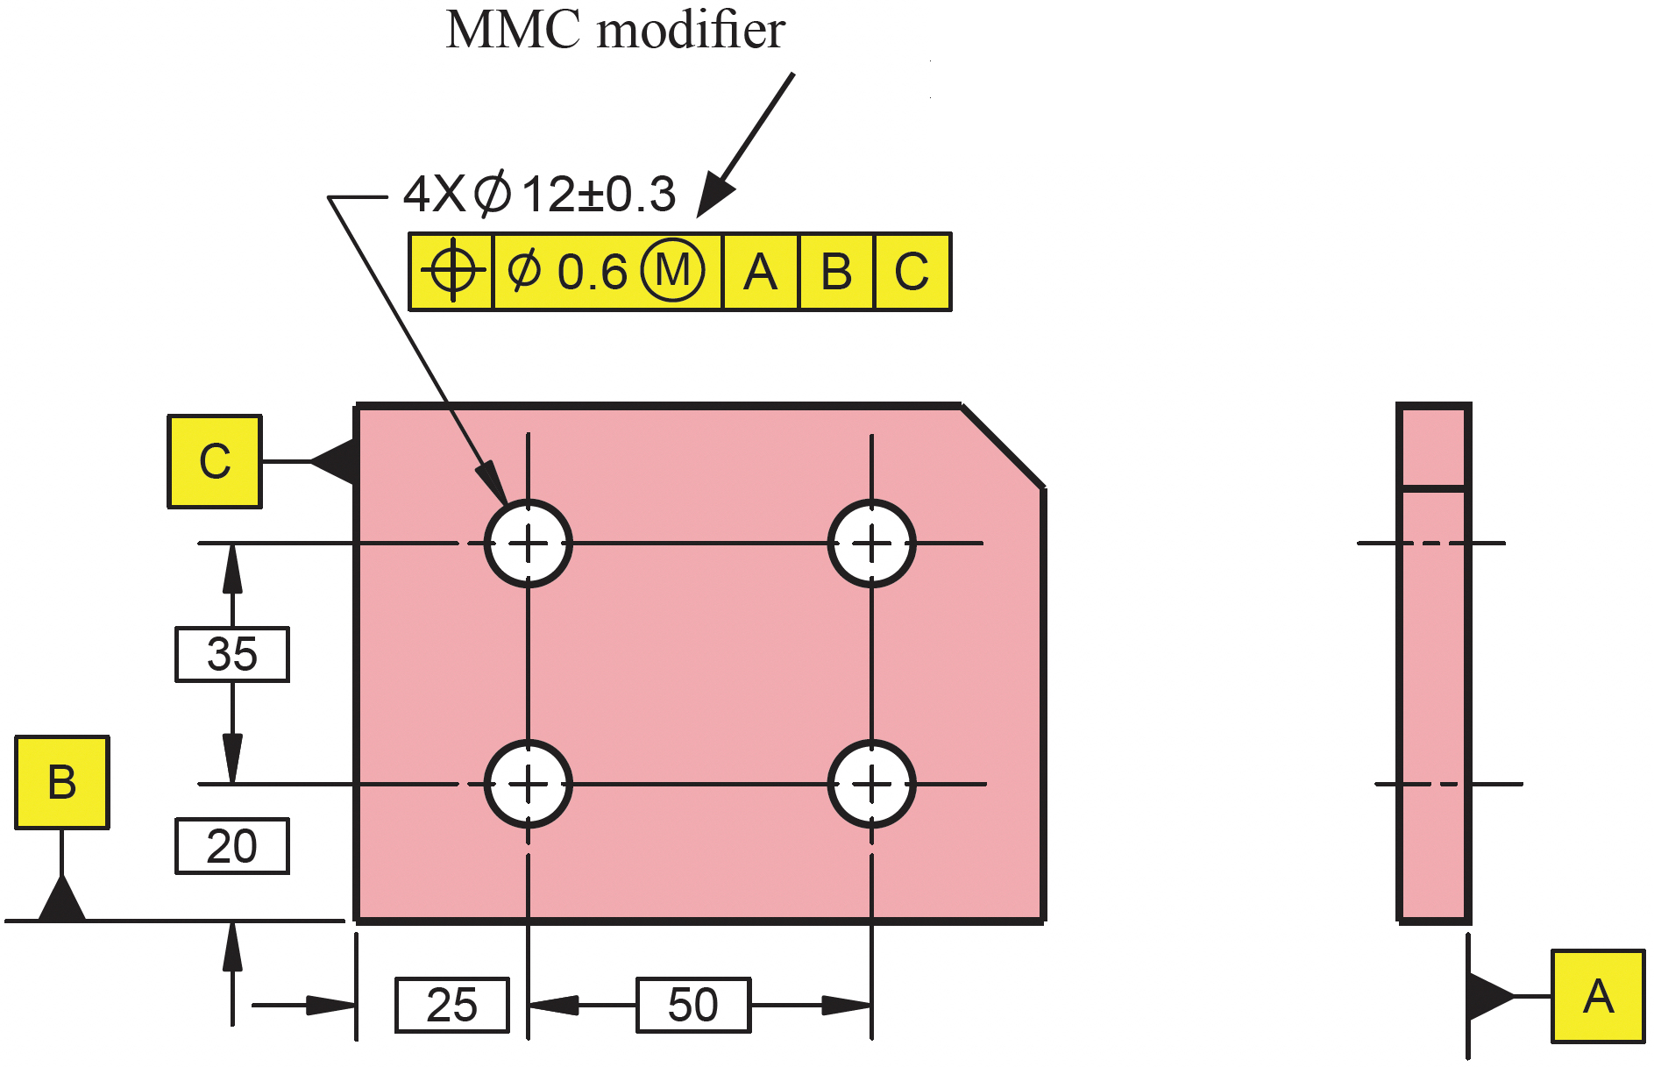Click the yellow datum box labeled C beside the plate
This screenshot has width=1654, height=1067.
coord(215,461)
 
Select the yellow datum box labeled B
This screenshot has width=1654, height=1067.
coord(62,782)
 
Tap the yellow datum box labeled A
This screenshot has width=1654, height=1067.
coord(1598,996)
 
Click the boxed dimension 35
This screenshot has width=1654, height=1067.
coord(232,654)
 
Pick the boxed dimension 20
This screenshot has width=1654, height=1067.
coord(232,846)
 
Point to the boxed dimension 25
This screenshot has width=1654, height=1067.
coord(452,1005)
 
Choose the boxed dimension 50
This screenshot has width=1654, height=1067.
coord(693,1005)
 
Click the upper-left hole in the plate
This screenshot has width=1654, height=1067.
coord(529,544)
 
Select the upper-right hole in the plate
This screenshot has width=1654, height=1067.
coord(872,544)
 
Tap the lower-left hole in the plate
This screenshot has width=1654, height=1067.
coord(529,784)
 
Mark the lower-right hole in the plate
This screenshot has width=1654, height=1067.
coord(872,784)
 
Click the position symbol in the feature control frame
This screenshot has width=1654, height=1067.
coord(452,271)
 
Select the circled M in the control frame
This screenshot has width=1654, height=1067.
coord(672,271)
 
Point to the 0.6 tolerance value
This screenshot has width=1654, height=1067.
coord(593,272)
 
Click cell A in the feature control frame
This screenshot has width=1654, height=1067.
coord(761,272)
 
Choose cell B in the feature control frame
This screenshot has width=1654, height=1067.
coord(837,272)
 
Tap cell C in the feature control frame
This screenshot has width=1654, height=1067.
coord(912,272)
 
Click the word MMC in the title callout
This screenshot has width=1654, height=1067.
coord(514,31)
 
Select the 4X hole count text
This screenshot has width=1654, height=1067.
coord(434,194)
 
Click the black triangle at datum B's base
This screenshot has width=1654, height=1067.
coord(62,900)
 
